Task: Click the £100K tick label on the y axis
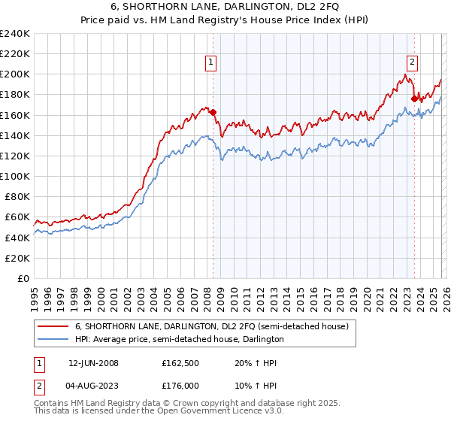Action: pos(15,176)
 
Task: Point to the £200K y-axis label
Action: pos(15,74)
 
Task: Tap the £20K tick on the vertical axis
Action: pos(18,257)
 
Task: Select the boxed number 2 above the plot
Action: pos(413,62)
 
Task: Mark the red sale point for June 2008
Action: pos(213,113)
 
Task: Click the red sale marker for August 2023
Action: pos(414,98)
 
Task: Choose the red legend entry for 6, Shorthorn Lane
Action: pos(211,327)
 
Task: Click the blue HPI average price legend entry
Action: pos(179,339)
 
